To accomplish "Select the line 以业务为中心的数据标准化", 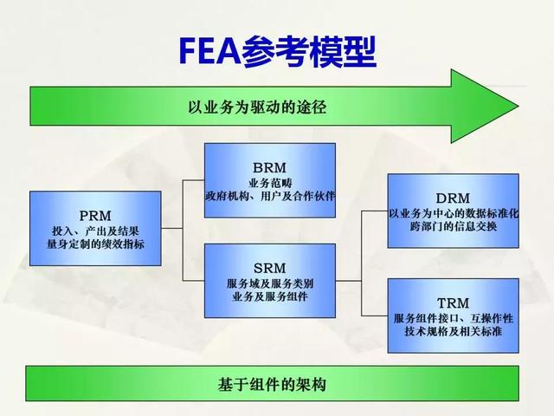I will pos(453,212).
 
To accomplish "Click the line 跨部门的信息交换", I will pos(453,227).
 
